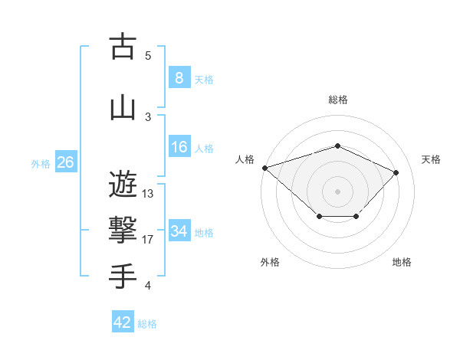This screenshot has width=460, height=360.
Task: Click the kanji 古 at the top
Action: [123, 47]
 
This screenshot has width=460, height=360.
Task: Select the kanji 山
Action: [123, 107]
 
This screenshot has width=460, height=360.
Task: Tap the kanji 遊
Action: [123, 185]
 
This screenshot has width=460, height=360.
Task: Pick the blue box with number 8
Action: [179, 78]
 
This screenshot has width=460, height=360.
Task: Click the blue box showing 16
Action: [179, 147]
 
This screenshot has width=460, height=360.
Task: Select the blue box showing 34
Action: [179, 231]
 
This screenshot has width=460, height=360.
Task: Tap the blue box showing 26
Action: [65, 162]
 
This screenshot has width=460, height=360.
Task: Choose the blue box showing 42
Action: [123, 322]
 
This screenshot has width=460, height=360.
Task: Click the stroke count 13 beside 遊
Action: [148, 194]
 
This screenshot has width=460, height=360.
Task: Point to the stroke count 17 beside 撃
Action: [148, 240]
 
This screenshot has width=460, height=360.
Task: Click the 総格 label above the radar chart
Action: [337, 100]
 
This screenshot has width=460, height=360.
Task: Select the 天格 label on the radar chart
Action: [431, 159]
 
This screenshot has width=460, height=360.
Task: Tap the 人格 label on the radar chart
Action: [245, 159]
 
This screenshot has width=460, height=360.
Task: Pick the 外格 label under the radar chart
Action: [270, 263]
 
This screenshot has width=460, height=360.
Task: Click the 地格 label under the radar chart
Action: [402, 263]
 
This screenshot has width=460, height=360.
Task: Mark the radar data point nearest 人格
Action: [264, 167]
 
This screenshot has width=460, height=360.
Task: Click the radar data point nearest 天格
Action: [396, 172]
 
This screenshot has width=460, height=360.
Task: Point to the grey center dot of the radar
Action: [337, 191]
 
